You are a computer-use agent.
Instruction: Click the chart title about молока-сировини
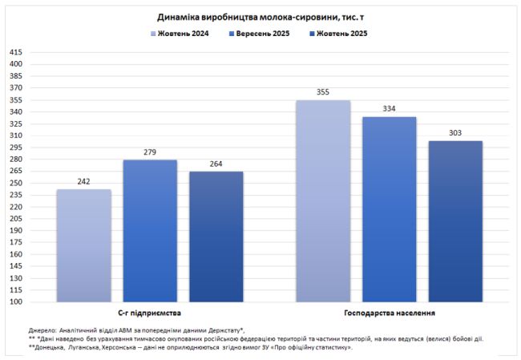[x=260, y=16]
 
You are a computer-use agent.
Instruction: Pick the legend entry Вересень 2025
[x=261, y=34]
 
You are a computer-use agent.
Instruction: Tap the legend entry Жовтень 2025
[x=341, y=34]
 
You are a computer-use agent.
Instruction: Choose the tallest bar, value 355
[x=323, y=200]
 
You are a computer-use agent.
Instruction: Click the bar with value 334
[x=389, y=209]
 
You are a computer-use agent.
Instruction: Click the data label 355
[x=323, y=92]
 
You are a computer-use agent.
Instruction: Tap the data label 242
[x=83, y=182]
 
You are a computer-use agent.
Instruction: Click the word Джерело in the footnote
[x=42, y=330]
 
